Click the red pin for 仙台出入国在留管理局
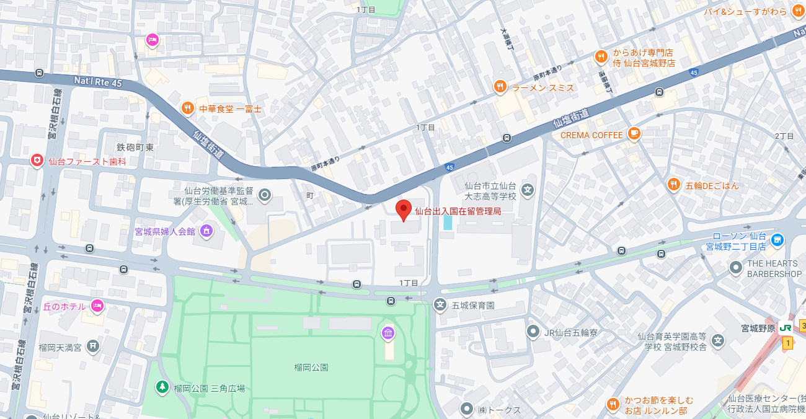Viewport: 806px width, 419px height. (x=404, y=210)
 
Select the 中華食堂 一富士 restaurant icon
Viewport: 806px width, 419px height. (x=187, y=108)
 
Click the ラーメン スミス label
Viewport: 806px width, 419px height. (x=543, y=88)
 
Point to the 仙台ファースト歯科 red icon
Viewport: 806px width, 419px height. (x=38, y=161)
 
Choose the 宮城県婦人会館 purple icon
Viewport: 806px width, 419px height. (x=206, y=231)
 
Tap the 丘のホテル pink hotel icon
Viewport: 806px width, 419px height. (x=97, y=306)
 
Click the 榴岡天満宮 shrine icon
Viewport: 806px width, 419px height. (x=92, y=346)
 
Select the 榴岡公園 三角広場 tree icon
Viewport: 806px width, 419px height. (x=162, y=387)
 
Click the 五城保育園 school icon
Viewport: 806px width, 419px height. (x=440, y=305)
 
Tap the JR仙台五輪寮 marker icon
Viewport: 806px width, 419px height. (x=533, y=332)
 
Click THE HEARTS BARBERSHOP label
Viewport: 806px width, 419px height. (x=774, y=268)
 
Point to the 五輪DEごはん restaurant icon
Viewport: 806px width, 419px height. (x=673, y=185)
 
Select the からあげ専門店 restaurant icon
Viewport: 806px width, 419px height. (x=601, y=58)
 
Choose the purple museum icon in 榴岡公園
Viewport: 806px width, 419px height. (x=388, y=333)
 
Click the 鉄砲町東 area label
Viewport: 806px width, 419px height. (x=135, y=147)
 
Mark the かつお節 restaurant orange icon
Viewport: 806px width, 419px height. (x=613, y=404)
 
